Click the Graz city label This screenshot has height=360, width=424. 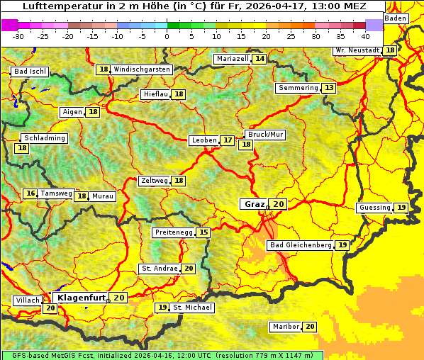[x=254, y=204]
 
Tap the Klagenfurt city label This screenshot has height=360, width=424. [x=82, y=298]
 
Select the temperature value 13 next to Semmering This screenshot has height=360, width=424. [x=328, y=88]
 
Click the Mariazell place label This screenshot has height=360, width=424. [x=233, y=59]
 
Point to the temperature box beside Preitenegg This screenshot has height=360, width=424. [x=204, y=232]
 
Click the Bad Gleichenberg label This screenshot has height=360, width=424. [x=301, y=245]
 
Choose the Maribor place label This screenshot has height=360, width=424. [x=285, y=327]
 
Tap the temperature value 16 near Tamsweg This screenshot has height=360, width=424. [x=30, y=193]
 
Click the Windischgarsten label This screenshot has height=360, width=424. [x=142, y=69]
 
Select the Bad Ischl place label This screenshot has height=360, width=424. [x=30, y=72]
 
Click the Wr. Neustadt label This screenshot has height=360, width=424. [x=357, y=50]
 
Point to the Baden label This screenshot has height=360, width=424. [x=396, y=18]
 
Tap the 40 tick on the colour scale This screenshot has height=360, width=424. [x=365, y=35]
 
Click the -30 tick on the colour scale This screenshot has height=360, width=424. [x=18, y=35]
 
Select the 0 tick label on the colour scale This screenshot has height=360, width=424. [x=167, y=35]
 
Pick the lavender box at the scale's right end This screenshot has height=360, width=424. [x=374, y=24]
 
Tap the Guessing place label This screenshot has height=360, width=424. [x=374, y=208]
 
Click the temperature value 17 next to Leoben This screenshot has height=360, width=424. [x=227, y=140]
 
